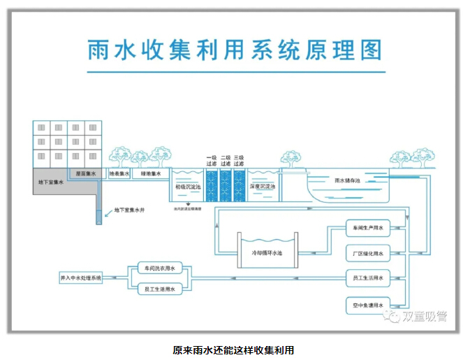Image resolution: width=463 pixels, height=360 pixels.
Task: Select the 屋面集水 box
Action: click(86, 173)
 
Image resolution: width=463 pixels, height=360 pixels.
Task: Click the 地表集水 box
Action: click(119, 173)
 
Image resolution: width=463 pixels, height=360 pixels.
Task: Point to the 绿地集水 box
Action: click(151, 173)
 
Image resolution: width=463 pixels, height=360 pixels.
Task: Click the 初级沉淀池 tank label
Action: click(189, 187)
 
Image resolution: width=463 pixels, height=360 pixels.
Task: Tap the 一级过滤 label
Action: click(212, 161)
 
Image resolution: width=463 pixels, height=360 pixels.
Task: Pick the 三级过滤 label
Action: click(239, 161)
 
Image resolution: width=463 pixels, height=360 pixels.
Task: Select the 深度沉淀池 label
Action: click(263, 187)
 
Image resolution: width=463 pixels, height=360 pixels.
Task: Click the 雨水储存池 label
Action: click(347, 180)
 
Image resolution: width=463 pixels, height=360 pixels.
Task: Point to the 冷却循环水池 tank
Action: click(258, 252)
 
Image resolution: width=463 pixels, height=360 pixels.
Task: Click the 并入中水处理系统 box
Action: click(81, 278)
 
